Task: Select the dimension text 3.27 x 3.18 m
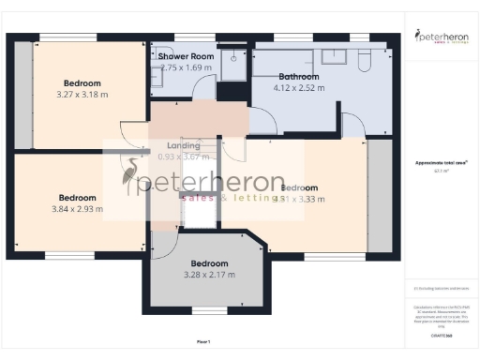pos(82,95)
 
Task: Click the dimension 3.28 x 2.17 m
pos(209,275)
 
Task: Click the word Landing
pos(183,145)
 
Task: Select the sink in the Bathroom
pos(333,55)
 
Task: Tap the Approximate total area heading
pos(442,162)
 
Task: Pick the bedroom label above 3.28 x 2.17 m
pos(209,263)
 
